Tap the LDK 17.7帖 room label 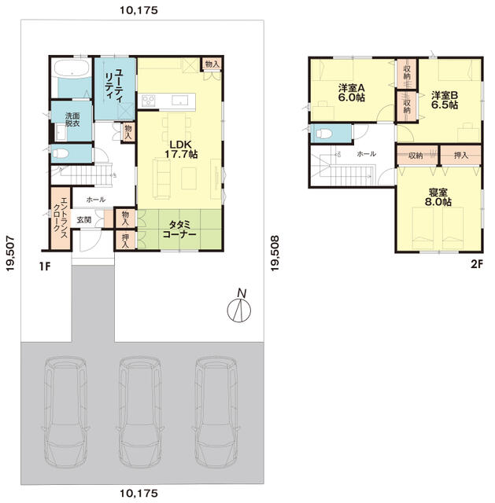181,149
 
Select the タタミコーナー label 179,229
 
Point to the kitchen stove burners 149,101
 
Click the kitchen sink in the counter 180,101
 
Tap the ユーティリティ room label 114,85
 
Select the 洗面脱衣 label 72,119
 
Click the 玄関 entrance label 84,220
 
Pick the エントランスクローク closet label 60,218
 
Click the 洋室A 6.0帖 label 352,93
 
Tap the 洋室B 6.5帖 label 445,100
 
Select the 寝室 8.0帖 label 438,197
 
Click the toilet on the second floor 323,134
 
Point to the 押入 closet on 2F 461,156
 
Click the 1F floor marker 45,266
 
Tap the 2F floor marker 477,264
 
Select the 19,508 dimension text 275,253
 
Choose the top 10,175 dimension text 139,10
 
